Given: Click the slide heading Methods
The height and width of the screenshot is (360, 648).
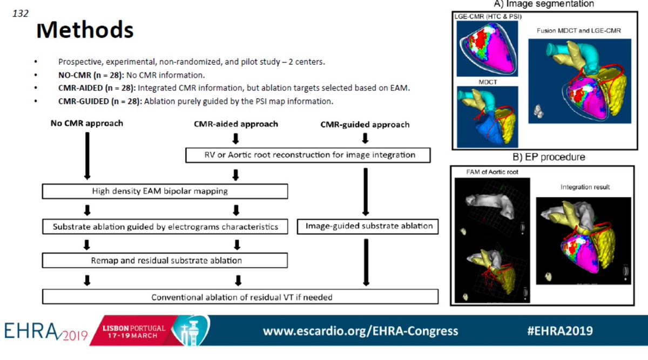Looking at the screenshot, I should tap(84, 30).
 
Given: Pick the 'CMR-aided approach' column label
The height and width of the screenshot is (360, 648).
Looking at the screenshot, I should tap(236, 124).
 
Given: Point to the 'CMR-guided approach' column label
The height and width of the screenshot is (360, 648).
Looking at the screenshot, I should tap(364, 125).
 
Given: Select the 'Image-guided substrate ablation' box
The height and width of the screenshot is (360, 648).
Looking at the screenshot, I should tap(367, 226).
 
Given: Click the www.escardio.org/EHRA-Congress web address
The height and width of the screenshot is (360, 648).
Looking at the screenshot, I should tap(360, 331).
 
